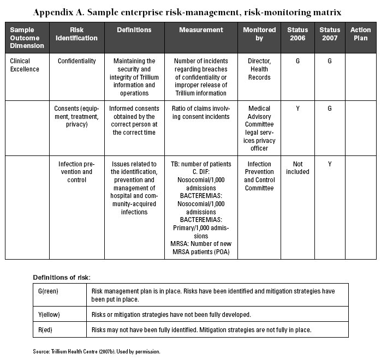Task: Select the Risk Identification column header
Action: [x=85, y=34]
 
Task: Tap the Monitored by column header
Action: [x=259, y=34]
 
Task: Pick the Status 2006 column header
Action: [x=297, y=34]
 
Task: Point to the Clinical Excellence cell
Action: [x=25, y=65]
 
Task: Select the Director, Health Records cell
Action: [x=259, y=69]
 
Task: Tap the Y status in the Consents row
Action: [x=297, y=109]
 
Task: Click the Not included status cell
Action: [x=297, y=168]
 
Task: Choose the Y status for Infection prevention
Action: [x=329, y=164]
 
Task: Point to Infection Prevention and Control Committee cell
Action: [x=259, y=176]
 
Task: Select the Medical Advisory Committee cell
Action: [x=259, y=128]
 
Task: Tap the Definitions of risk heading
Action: [x=62, y=277]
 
